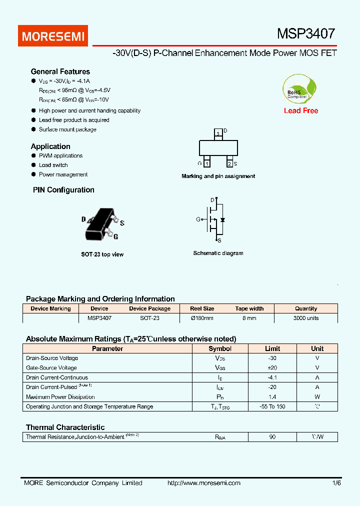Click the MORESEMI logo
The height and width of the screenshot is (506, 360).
53,36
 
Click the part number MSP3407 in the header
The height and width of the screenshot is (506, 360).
306,34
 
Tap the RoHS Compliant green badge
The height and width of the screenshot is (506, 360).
299,89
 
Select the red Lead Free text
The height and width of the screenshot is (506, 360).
300,110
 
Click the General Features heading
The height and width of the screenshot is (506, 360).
60,71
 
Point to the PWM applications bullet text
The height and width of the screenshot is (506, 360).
60,155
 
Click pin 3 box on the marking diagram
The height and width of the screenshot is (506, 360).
218,132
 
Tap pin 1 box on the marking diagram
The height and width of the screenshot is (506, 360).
207,163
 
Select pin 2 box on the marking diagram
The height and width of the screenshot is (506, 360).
229,163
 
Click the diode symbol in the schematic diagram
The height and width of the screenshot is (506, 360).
222,219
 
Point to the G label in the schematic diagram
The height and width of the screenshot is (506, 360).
198,219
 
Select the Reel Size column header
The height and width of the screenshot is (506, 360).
202,308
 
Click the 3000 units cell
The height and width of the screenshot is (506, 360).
305,318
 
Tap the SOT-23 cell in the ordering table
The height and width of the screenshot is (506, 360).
149,318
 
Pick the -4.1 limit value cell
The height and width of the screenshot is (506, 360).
272,377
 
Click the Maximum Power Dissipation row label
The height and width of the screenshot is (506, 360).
59,397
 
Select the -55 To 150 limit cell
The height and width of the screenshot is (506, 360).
272,406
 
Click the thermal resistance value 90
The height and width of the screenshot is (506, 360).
272,437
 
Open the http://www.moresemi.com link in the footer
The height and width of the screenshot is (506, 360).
203,483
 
